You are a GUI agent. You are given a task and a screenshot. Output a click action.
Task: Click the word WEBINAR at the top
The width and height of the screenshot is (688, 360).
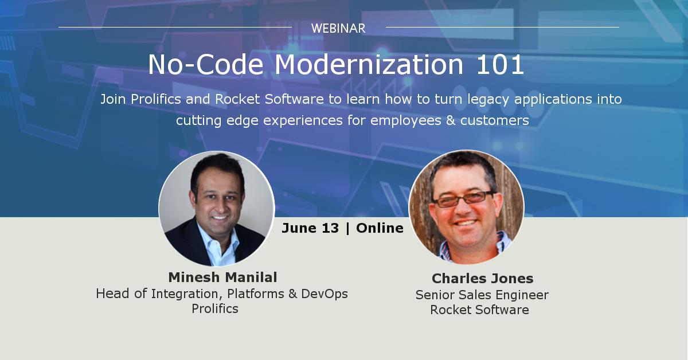(338, 28)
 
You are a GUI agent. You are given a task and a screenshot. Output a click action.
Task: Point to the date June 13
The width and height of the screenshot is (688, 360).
(310, 228)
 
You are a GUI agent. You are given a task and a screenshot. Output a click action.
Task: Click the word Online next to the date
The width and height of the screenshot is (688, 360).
(380, 228)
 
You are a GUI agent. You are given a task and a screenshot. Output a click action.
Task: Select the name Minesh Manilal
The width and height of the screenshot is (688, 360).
(222, 277)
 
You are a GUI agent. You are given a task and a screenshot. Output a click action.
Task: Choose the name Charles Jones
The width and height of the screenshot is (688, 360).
(482, 279)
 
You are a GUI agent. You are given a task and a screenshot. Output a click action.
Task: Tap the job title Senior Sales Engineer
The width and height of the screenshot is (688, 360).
(482, 295)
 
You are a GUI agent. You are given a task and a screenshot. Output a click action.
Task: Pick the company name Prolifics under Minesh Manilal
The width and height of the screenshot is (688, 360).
(215, 308)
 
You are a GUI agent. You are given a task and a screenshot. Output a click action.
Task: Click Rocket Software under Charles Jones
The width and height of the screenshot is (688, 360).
(479, 310)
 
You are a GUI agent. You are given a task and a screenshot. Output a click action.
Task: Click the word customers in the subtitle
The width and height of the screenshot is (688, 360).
(494, 121)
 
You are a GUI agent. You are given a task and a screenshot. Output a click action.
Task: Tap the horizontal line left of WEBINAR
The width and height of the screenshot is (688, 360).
(175, 27)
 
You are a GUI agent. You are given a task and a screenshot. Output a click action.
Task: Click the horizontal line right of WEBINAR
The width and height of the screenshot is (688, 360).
(502, 27)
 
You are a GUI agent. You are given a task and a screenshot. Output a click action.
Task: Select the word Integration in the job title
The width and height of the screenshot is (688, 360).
(187, 294)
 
